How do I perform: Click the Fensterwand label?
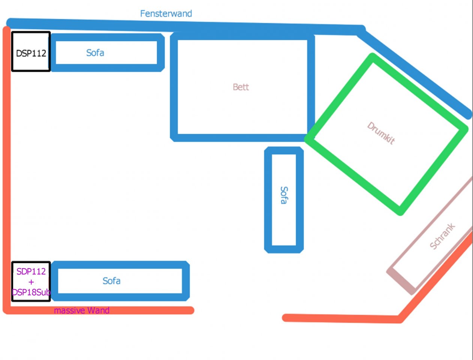pos(166,13)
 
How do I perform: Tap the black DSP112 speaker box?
pos(31,51)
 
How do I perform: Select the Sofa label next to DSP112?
pos(95,53)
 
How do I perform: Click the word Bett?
pos(241,87)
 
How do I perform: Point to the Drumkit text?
pos(381,133)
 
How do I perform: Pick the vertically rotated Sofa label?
pos(284,195)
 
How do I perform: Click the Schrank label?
pos(442,236)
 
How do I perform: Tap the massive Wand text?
pos(82,310)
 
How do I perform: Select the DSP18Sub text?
pos(31,292)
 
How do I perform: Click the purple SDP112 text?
pos(31,271)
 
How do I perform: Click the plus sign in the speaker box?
pos(31,282)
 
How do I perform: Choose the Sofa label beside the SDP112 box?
pos(111,281)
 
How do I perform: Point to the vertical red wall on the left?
pos(7,169)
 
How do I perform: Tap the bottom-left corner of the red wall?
pos(7,310)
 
